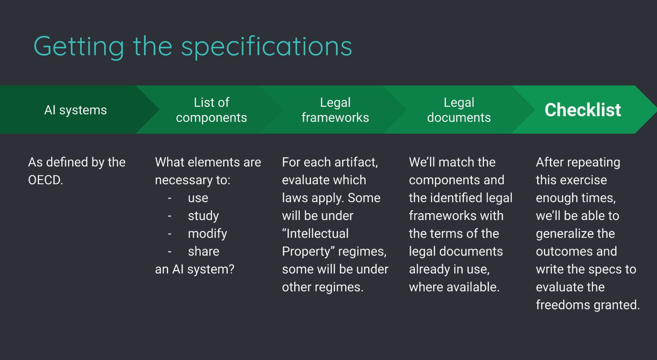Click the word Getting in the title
[79, 47]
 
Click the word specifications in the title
[266, 47]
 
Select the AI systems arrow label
[76, 110]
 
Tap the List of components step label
[211, 110]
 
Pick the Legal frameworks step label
[335, 110]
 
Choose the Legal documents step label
[459, 110]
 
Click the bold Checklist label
[583, 110]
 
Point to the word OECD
[45, 180]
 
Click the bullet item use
[198, 198]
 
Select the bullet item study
[203, 216]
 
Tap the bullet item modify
[207, 233]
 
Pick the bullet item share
[204, 251]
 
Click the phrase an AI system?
[194, 269]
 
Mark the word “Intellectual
[315, 233]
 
